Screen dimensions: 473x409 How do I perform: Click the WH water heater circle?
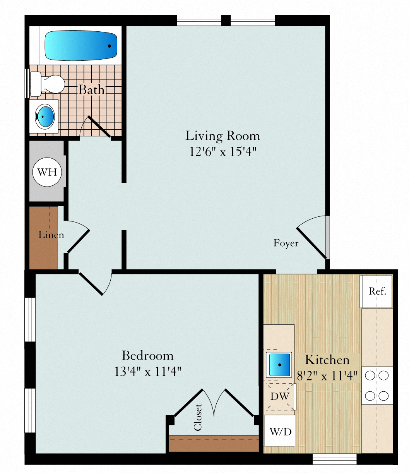(x=47, y=172)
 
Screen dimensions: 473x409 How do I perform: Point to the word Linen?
(x=51, y=235)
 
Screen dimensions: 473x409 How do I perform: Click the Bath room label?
(x=92, y=90)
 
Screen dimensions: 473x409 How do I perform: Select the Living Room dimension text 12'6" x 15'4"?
(x=223, y=151)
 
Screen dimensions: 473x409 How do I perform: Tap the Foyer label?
(x=286, y=243)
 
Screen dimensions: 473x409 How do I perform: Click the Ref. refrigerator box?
(x=376, y=291)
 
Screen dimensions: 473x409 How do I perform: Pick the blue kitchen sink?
(x=279, y=364)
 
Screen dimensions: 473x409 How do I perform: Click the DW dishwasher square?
(x=280, y=396)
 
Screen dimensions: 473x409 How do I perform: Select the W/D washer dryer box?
(x=280, y=431)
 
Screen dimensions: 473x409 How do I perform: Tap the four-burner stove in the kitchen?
(x=377, y=386)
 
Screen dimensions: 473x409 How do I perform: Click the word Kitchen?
(x=327, y=360)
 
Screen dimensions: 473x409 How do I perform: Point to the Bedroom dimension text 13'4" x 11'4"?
(x=148, y=372)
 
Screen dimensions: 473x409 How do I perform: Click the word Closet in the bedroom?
(x=198, y=417)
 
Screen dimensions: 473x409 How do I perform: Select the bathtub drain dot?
(x=110, y=46)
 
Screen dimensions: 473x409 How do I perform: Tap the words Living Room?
(x=222, y=136)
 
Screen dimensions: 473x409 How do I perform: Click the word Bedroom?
(x=148, y=355)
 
